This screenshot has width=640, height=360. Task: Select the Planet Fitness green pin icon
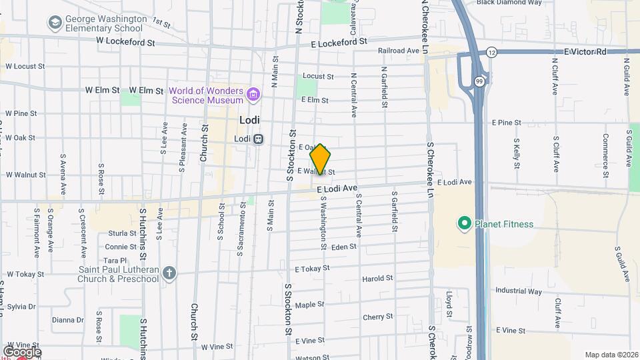point(465,223)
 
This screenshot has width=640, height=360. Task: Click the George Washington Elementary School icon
point(55,23)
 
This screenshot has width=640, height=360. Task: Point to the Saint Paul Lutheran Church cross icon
point(170,273)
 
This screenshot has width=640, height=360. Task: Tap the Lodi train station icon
point(258,139)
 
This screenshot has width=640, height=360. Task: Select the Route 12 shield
point(491,51)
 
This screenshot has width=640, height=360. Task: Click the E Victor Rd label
point(586,51)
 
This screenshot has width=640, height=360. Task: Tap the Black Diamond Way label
point(509,3)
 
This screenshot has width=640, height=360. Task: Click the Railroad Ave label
point(398,50)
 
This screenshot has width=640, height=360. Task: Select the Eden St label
point(344,247)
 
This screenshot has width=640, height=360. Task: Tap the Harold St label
point(377,278)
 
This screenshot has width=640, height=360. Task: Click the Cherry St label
point(378,317)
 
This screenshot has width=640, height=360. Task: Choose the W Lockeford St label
point(125,41)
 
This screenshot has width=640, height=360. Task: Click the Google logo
point(22,351)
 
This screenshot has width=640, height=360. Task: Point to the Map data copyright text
point(611,355)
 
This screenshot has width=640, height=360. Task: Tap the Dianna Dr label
point(68,320)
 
